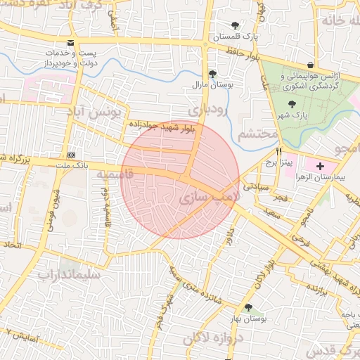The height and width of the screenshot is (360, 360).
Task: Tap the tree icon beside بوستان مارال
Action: click(212, 73)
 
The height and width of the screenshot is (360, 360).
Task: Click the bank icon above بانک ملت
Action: click(71, 155)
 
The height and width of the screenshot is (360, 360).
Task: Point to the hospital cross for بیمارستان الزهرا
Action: click(321, 167)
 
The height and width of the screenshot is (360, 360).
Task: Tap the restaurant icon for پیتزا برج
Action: click(280, 151)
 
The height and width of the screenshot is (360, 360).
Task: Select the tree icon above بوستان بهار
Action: click(247, 307)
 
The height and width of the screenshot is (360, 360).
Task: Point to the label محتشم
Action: click(255, 134)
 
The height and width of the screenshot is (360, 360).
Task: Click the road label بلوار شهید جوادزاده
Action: click(161, 125)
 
